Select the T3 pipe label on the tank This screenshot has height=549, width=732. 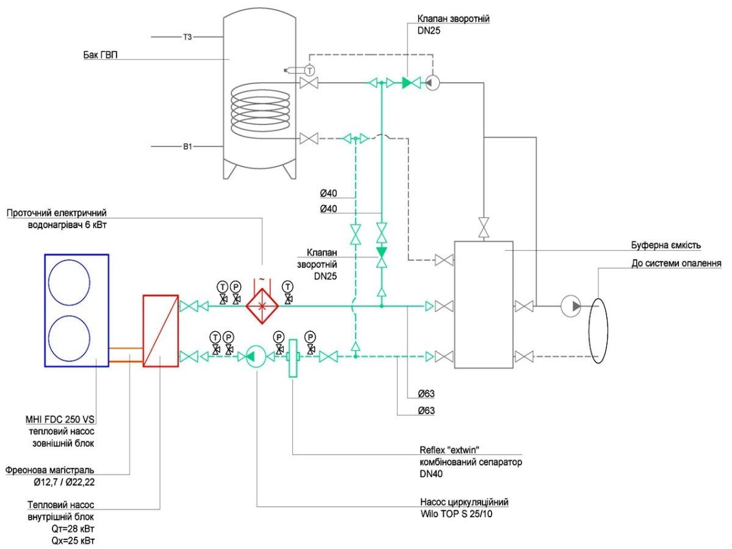187,37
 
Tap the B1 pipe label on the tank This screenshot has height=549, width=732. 187,147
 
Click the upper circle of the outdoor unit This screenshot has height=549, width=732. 76,283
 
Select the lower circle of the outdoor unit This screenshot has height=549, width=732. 76,336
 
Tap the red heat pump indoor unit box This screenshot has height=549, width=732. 161,331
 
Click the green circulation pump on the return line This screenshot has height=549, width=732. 253,356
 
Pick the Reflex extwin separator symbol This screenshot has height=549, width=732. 291,356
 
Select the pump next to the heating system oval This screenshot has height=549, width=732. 570,305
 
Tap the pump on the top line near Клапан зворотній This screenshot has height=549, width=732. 433,82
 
